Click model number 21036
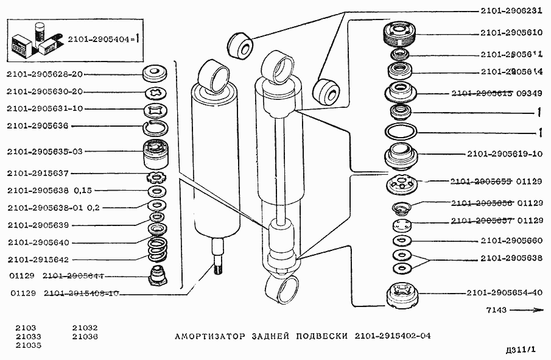85,336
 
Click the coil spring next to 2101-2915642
157,250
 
